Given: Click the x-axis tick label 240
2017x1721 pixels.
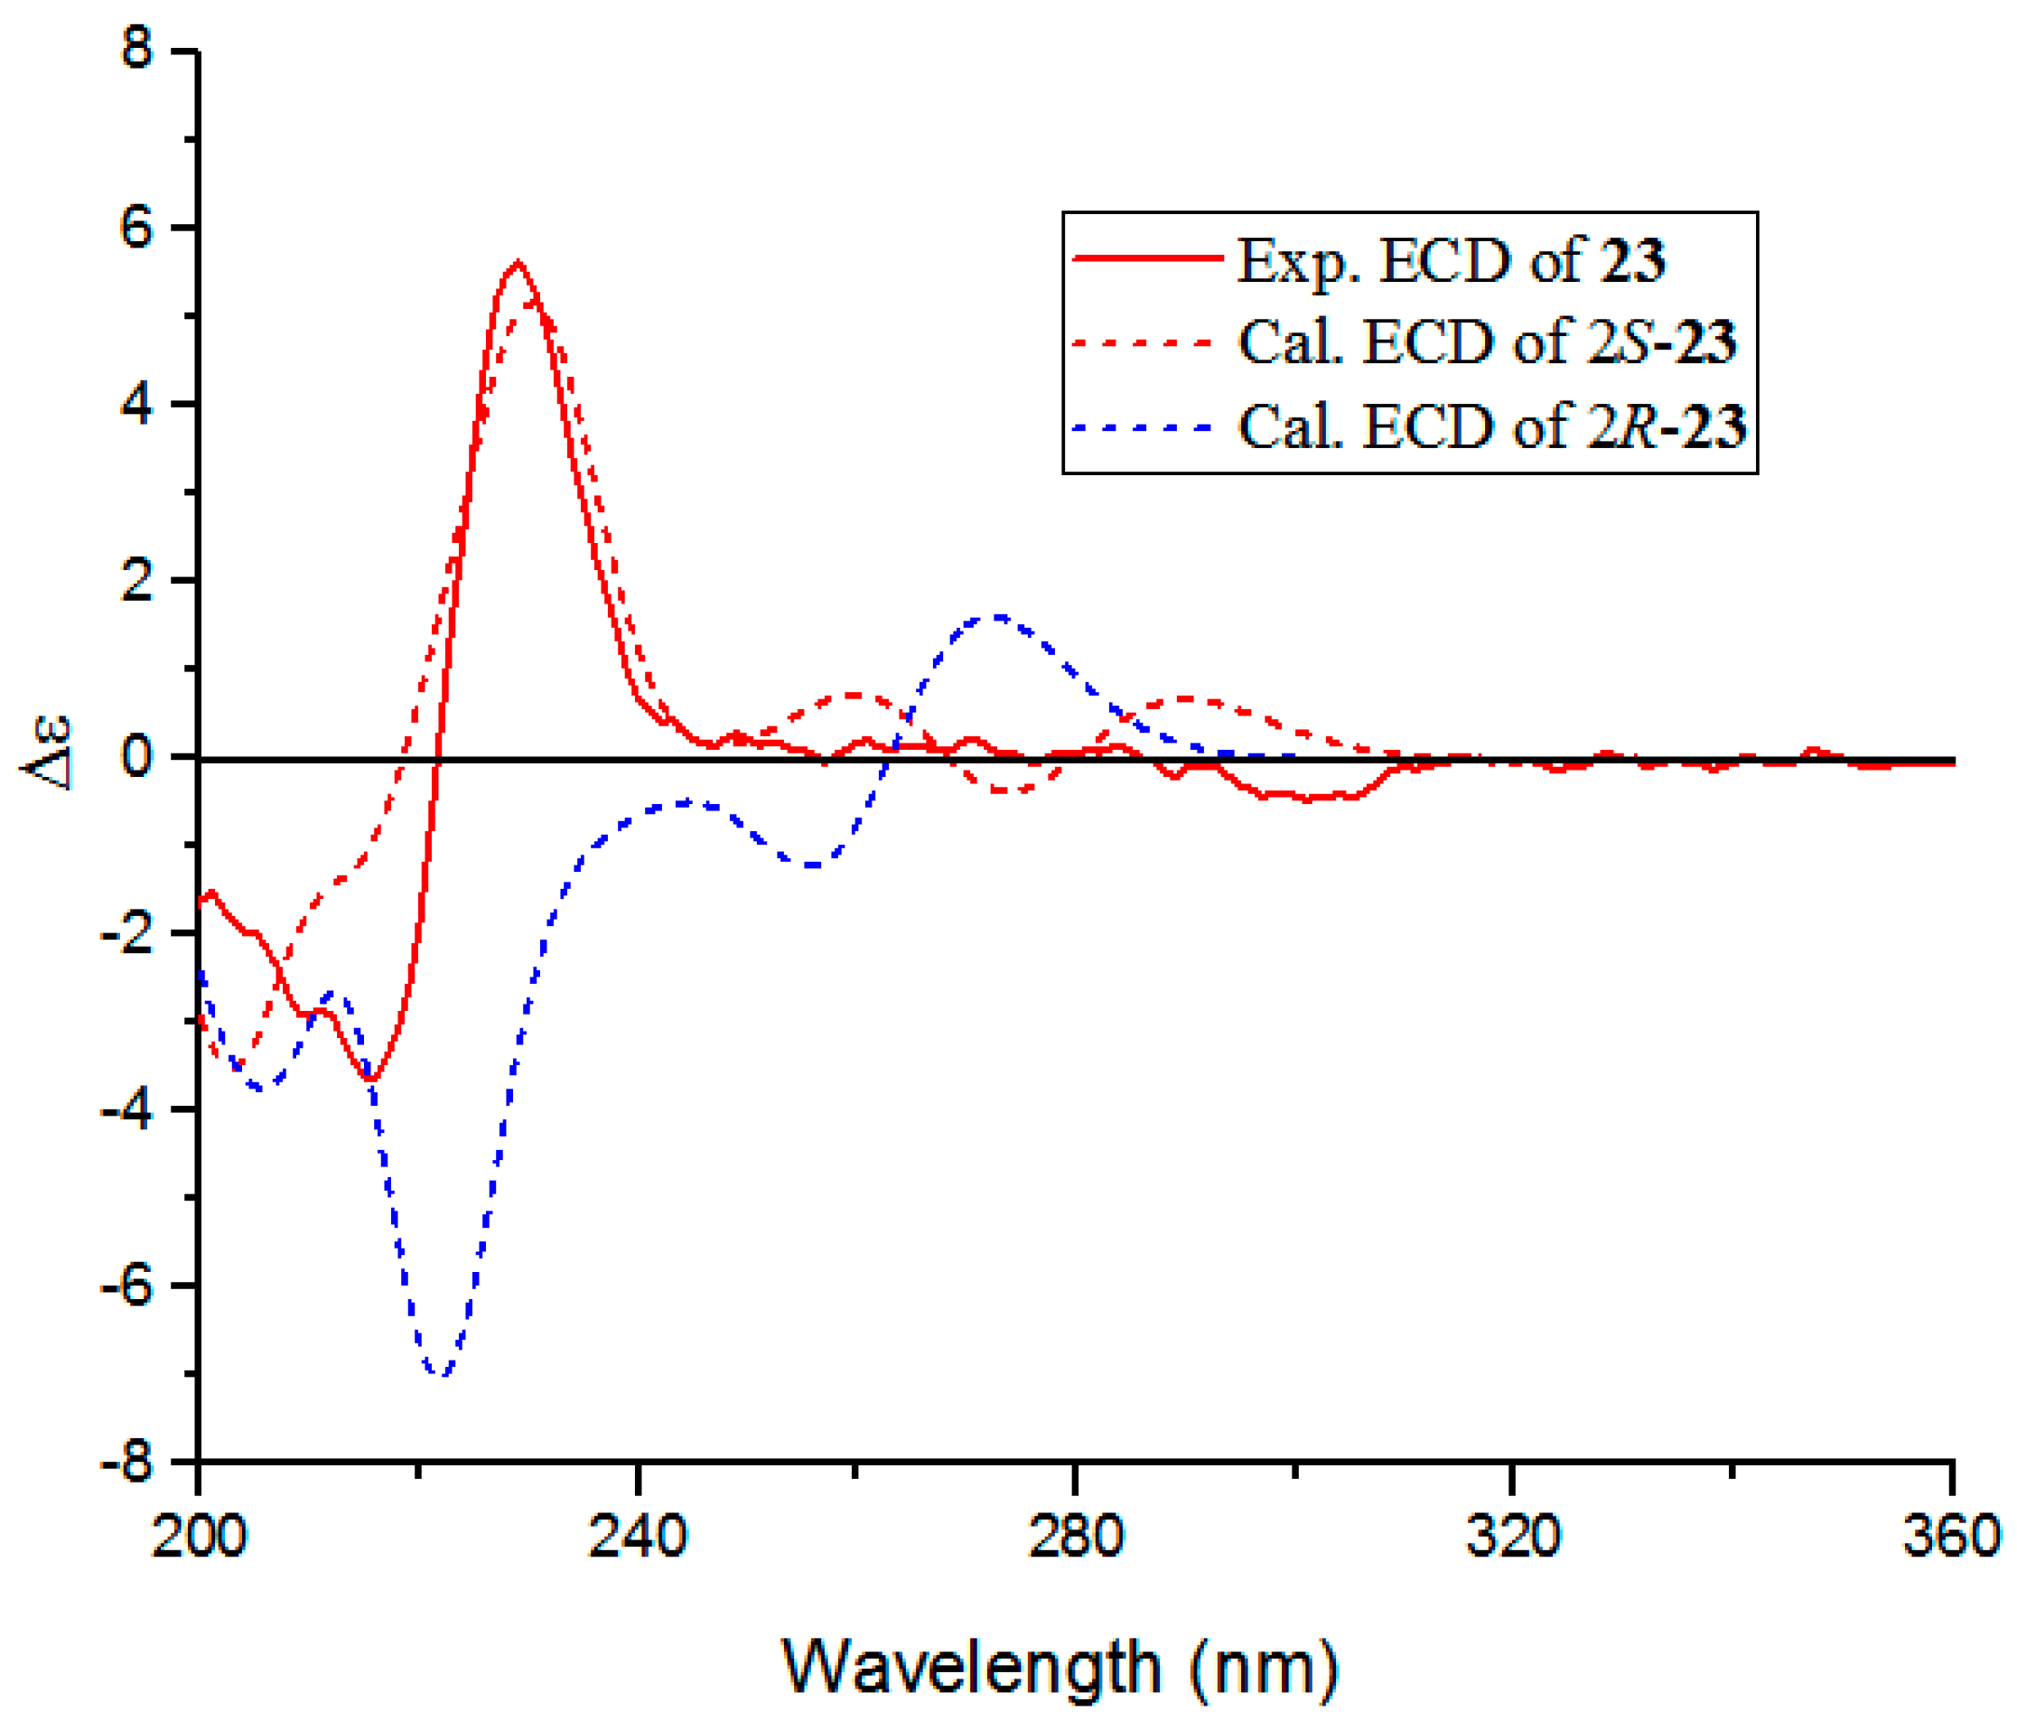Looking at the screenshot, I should pyautogui.click(x=638, y=1537).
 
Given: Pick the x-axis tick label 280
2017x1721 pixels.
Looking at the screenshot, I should pyautogui.click(x=1076, y=1537).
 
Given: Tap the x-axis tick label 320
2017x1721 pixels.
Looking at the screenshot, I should pyautogui.click(x=1514, y=1537).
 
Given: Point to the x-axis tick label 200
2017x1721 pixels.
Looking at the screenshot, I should pyautogui.click(x=200, y=1537).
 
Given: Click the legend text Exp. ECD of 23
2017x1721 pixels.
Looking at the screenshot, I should pyautogui.click(x=1451, y=261).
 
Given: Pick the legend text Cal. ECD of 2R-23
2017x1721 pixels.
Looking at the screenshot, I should pyautogui.click(x=1490, y=426).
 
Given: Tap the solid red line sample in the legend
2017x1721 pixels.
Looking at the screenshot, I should pyautogui.click(x=1147, y=258).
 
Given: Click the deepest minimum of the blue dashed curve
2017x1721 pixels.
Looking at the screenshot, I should pyautogui.click(x=442, y=1375).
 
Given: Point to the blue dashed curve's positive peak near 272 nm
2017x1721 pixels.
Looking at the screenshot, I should pyautogui.click(x=997, y=615).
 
